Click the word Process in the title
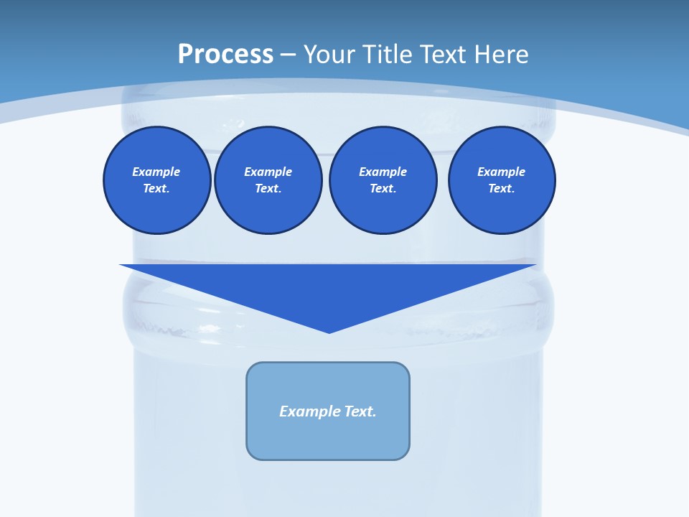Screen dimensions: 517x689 tap(225, 55)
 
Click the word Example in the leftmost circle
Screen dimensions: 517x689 tap(156, 172)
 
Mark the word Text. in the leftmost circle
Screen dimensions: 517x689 tap(156, 189)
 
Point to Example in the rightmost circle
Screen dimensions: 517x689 tap(502, 172)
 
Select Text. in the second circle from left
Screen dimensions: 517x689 tap(268, 189)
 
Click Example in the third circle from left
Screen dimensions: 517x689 tap(383, 172)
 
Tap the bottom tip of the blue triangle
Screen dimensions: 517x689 tap(329, 331)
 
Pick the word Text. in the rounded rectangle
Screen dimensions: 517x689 tap(360, 411)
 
